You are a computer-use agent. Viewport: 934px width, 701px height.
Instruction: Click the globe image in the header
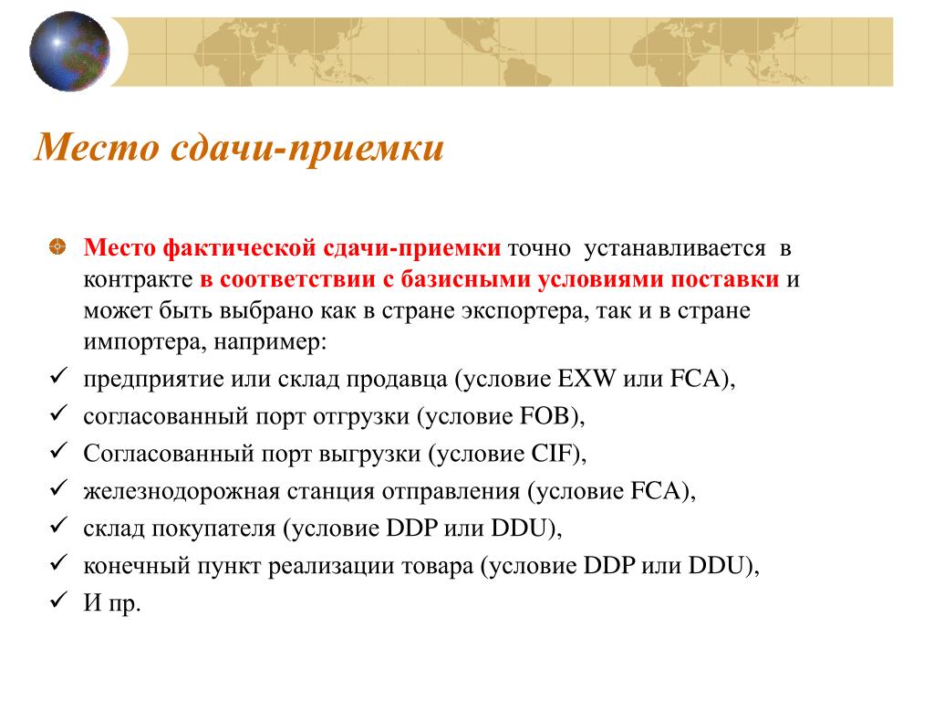point(69,51)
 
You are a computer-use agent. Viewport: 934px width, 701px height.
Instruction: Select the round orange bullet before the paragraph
point(57,246)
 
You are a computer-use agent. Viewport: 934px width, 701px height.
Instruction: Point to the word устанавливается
point(675,248)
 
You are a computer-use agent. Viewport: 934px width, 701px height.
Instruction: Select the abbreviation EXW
point(586,379)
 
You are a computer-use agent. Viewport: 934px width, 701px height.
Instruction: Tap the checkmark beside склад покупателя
point(58,525)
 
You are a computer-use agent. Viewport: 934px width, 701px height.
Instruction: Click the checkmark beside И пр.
point(58,600)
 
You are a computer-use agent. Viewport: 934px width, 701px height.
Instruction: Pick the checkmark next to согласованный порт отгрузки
point(58,413)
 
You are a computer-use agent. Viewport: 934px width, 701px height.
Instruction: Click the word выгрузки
point(370,455)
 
